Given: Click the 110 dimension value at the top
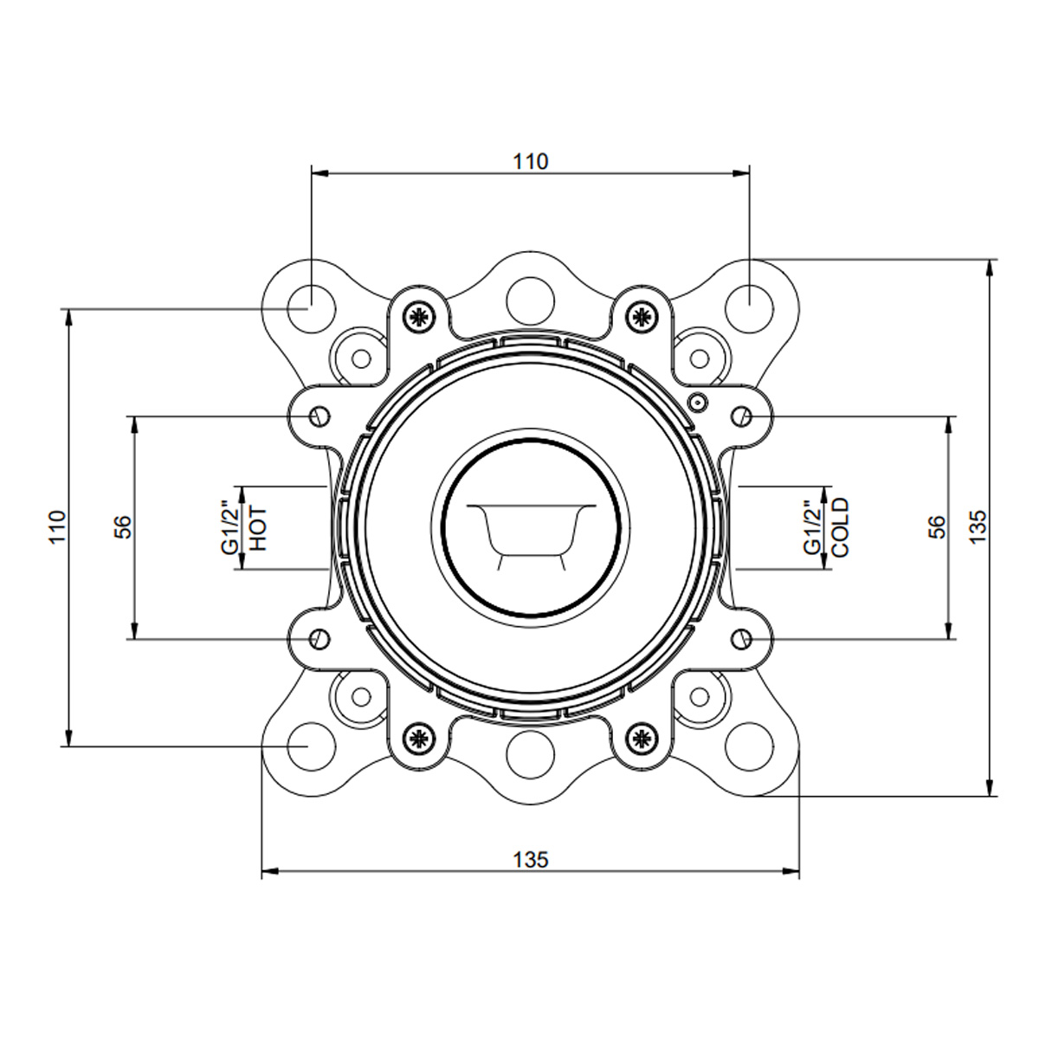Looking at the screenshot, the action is click(530, 161).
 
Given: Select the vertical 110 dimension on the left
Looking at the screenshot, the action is click(57, 526).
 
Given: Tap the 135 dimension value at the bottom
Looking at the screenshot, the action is click(531, 860).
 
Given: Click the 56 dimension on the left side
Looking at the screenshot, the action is click(123, 526).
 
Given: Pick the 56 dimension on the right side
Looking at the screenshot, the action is click(937, 526).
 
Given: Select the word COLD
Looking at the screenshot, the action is click(841, 526).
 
